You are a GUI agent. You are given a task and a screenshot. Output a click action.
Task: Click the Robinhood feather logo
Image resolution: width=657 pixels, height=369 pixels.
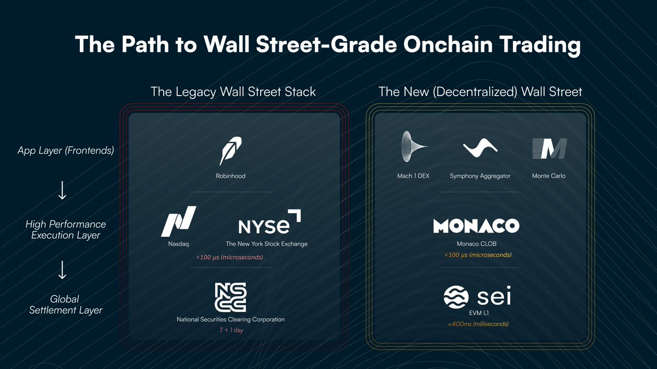230,151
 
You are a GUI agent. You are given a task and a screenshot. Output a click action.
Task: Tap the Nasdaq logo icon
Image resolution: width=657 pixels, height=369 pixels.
178,221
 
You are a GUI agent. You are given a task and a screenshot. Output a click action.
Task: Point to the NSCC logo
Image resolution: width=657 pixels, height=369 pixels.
230,297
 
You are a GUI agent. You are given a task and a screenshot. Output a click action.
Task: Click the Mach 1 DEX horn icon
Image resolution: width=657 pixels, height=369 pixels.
414,148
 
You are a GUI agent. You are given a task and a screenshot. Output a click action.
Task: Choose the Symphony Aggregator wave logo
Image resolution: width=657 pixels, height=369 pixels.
480,148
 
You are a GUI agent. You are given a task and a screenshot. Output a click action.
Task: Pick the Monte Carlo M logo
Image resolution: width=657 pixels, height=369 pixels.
549,149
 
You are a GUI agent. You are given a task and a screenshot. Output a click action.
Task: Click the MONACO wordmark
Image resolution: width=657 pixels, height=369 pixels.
476,226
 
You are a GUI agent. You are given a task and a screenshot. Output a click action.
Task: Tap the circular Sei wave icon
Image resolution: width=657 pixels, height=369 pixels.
457,298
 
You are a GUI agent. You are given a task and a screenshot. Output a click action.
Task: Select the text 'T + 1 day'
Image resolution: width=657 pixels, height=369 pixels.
230,330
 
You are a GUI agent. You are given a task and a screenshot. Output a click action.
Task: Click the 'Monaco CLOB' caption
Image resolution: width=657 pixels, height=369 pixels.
476,244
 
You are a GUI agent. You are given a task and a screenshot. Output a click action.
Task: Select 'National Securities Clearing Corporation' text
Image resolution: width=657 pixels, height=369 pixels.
230,319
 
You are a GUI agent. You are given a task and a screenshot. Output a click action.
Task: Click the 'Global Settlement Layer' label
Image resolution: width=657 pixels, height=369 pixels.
65,304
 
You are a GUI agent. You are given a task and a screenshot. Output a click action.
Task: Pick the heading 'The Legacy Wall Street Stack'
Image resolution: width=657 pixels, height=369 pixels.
233,91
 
